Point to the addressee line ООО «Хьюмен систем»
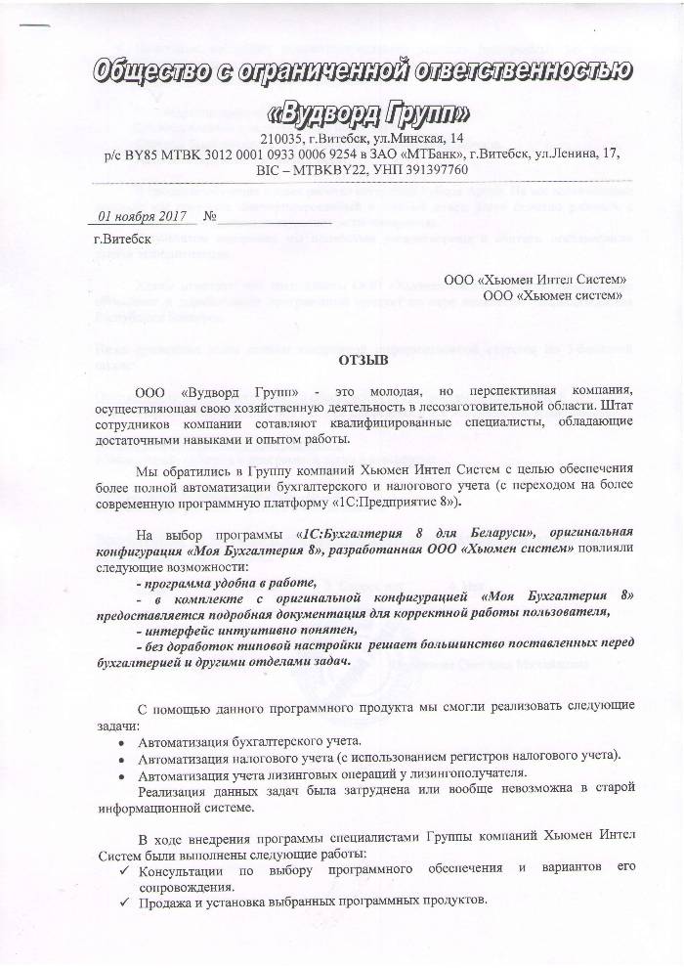tap(553, 294)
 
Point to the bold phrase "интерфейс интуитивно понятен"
tap(235, 631)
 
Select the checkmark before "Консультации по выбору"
tap(121, 867)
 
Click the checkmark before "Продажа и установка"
tap(121, 900)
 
